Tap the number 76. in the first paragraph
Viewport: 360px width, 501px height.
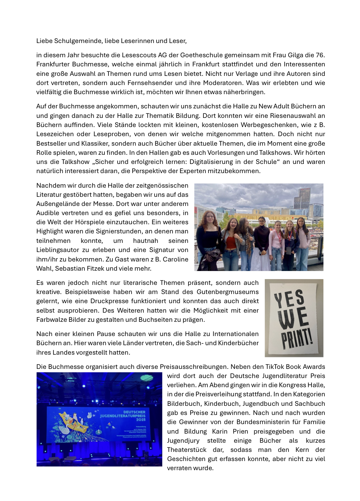click(x=320, y=55)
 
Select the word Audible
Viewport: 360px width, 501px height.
click(x=47, y=213)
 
